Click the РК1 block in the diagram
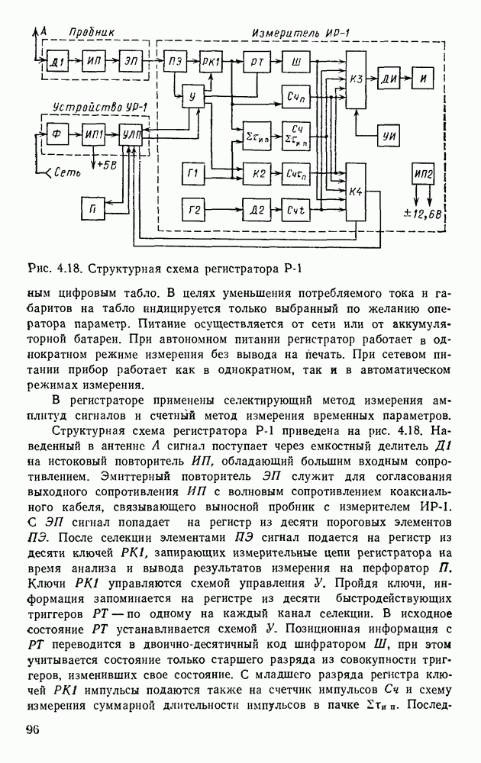point(210,60)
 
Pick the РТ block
point(254,60)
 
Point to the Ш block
point(294,60)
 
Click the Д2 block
point(254,208)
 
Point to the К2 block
point(254,174)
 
